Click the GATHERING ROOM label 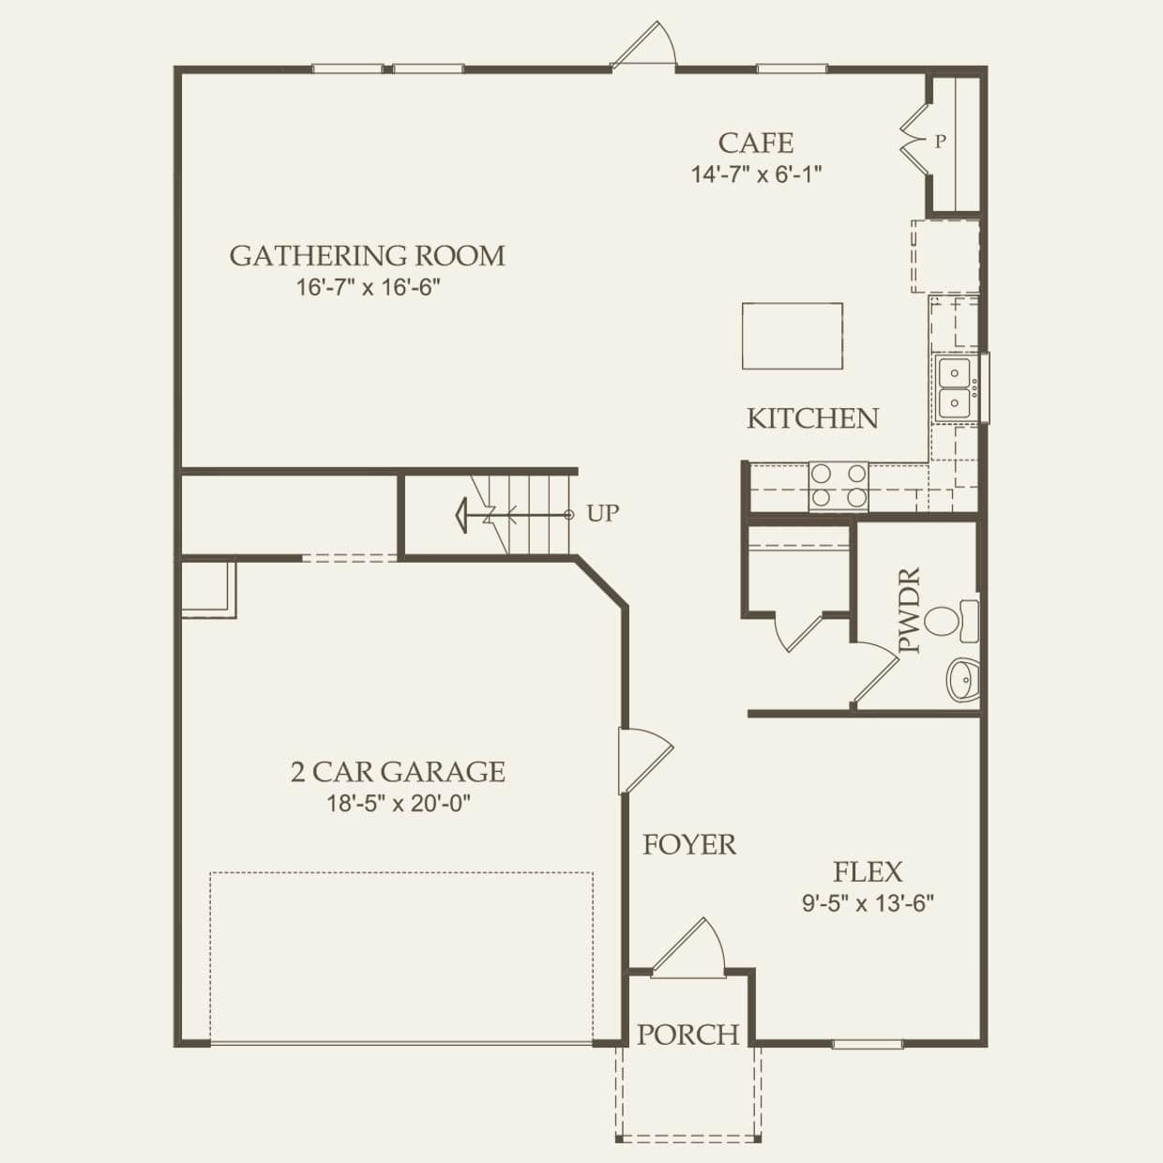tap(367, 256)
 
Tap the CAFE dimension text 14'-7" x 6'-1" tap(756, 175)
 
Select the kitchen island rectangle tap(792, 336)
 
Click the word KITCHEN tap(812, 419)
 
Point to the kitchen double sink tap(954, 388)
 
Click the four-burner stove tap(838, 487)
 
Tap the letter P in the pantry tap(940, 142)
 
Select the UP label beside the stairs tap(603, 514)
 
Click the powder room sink tap(963, 680)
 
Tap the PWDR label tap(910, 611)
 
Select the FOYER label tap(689, 844)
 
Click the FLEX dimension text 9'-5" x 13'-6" tap(868, 903)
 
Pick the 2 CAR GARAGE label tap(398, 772)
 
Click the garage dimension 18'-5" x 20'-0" tap(399, 803)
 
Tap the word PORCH tap(688, 1035)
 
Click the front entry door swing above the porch tap(689, 946)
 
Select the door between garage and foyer tap(644, 761)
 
